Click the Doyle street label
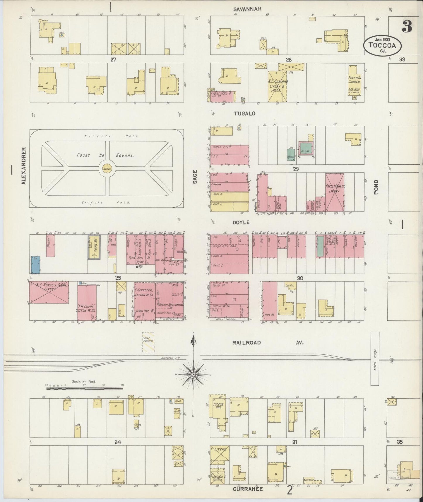pos(241,223)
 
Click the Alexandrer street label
pos(23,166)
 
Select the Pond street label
pos(376,187)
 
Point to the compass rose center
pos(193,375)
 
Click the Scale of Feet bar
pos(85,389)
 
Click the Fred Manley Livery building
pos(335,192)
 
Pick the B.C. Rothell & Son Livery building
pos(49,293)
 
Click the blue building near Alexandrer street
pos(36,265)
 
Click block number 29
pos(296,169)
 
